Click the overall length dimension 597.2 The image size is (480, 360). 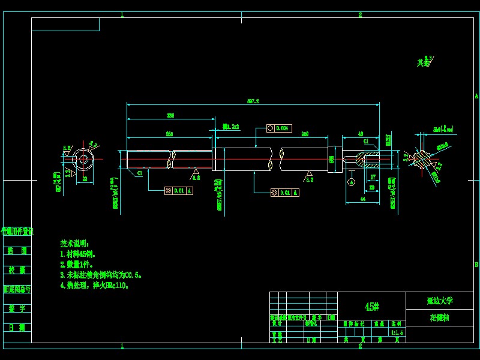click(253, 101)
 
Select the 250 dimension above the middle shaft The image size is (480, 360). click(305, 134)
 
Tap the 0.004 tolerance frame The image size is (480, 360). click(279, 128)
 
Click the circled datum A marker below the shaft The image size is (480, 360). click(352, 181)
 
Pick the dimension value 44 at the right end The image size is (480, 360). click(362, 198)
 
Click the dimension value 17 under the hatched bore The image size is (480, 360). click(373, 177)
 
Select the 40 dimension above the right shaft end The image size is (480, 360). click(360, 134)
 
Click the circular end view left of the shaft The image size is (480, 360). click(83, 159)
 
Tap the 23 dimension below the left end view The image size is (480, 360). click(85, 179)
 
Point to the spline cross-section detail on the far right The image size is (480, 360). click(425, 158)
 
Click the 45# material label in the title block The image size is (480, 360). click(372, 307)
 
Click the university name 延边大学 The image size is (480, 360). click(440, 300)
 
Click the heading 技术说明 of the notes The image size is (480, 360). click(74, 244)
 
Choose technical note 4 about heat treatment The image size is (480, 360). click(95, 286)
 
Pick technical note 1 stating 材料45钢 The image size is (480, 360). click(82, 254)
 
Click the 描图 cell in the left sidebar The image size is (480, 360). click(17, 251)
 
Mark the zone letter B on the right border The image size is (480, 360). click(476, 265)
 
